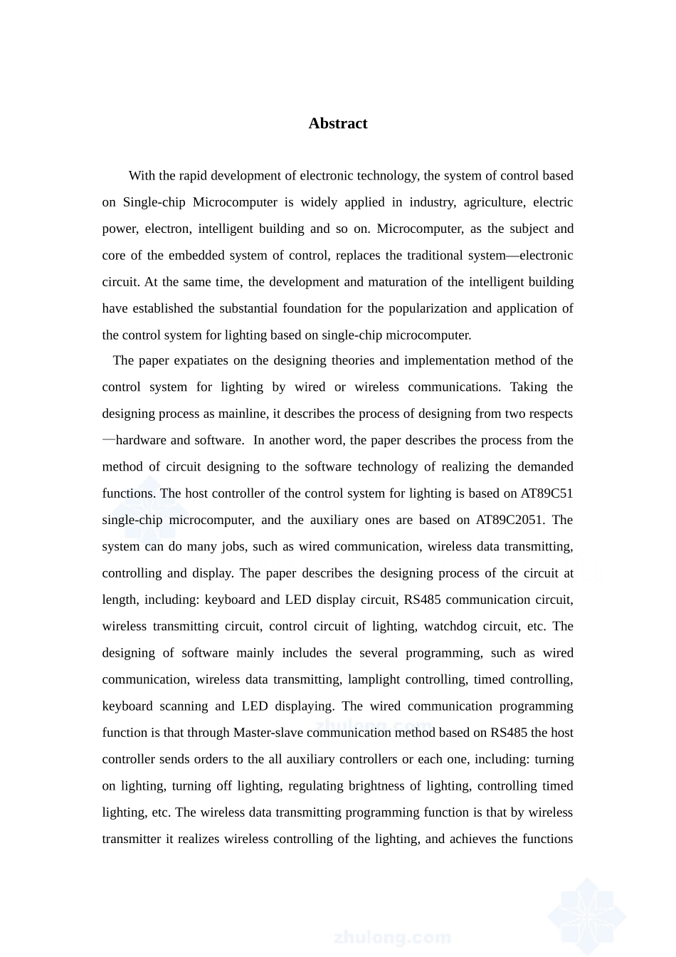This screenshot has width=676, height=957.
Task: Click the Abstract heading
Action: (337, 124)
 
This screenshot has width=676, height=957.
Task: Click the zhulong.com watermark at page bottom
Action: (391, 936)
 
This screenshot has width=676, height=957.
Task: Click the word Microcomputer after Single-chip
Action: (235, 202)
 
